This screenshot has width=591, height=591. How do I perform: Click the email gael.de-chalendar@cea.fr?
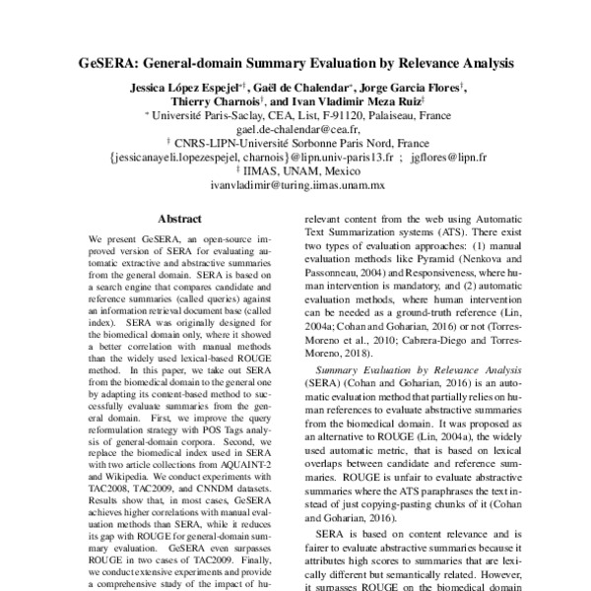(298, 128)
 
